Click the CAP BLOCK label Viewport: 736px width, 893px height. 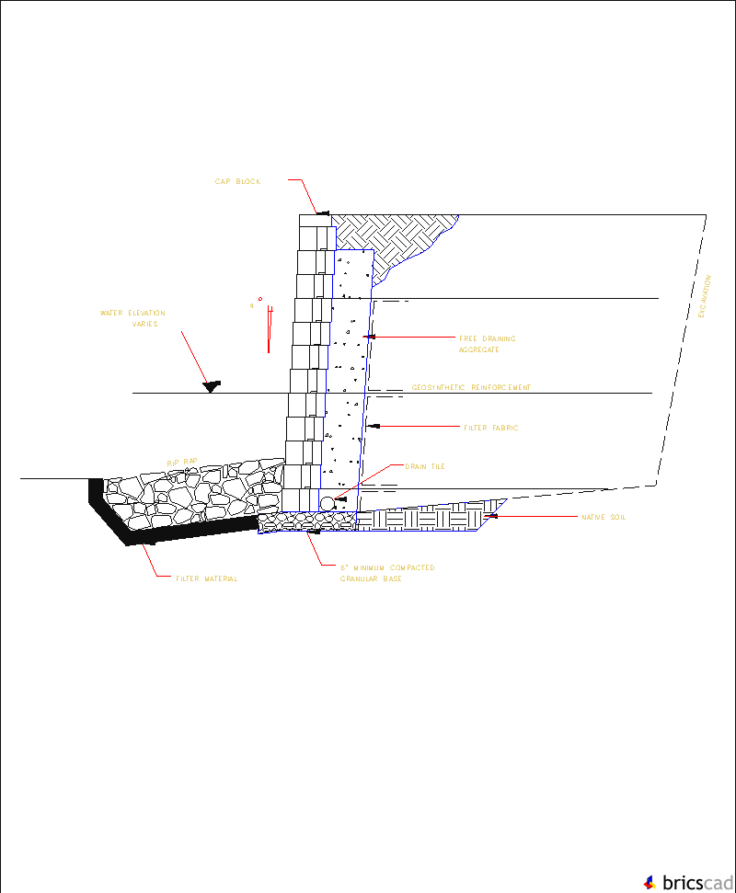click(x=237, y=182)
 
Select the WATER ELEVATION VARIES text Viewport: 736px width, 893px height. click(x=133, y=319)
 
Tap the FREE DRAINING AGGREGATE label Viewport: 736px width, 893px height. click(x=487, y=344)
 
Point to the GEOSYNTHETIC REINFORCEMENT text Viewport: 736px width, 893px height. click(x=471, y=388)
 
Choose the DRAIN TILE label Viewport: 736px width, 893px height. click(x=425, y=467)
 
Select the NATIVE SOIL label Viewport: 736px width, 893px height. click(x=604, y=518)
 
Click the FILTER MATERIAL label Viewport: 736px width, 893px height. click(x=207, y=578)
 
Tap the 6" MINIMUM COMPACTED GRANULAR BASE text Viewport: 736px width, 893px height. click(x=386, y=573)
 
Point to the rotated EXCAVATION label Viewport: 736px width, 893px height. click(x=706, y=296)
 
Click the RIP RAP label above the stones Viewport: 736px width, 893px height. click(x=182, y=461)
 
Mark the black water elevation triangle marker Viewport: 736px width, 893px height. click(x=212, y=386)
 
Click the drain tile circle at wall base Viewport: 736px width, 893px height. click(x=328, y=503)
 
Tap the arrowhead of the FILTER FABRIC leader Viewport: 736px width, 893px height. click(x=370, y=428)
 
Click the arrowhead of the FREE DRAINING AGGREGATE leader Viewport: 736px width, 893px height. click(x=368, y=338)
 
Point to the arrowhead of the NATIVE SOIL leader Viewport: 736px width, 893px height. click(x=494, y=517)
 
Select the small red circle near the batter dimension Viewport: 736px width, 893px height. click(x=260, y=299)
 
